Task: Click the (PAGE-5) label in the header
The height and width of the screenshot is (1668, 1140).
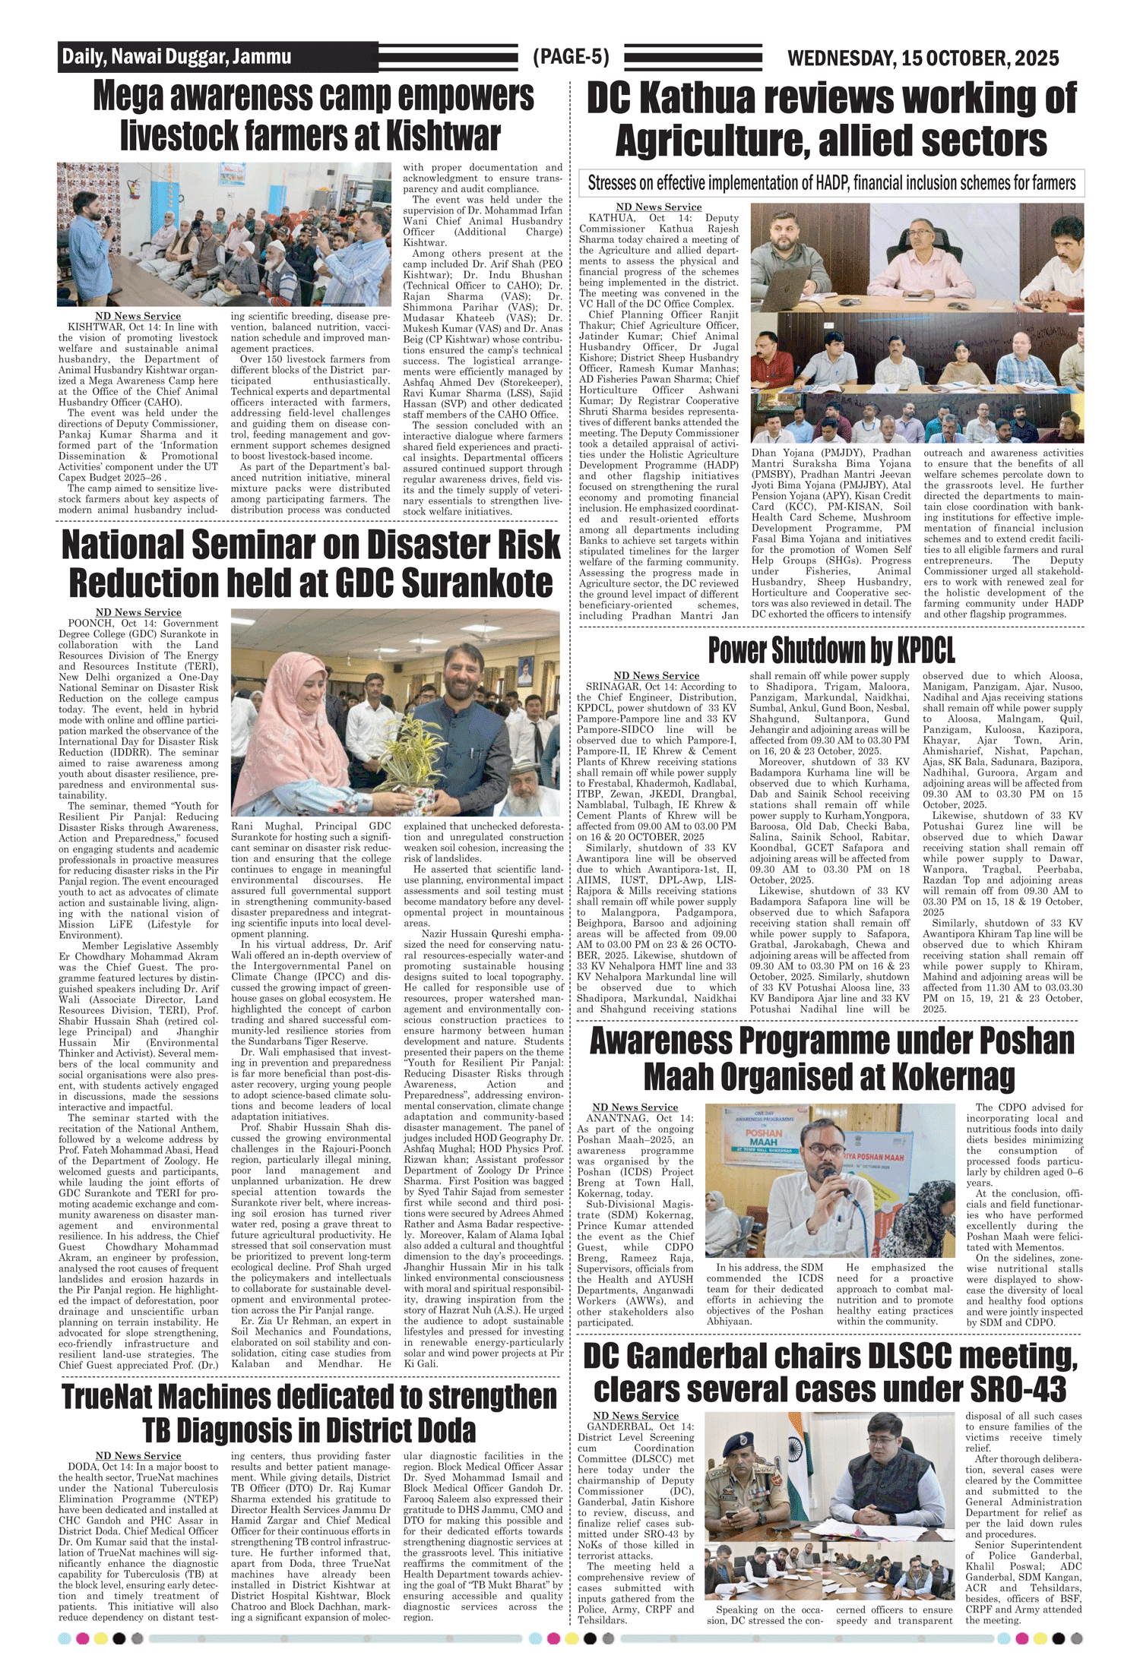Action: [x=571, y=57]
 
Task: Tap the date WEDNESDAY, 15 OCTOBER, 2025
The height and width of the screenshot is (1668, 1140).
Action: [x=923, y=58]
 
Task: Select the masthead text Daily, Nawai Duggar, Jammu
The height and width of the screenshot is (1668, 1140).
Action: [x=176, y=57]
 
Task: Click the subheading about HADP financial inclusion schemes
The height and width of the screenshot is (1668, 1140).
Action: [x=831, y=183]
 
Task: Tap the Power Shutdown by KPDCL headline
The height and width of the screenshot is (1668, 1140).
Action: [x=831, y=650]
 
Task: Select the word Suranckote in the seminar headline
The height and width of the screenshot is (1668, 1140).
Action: [x=477, y=583]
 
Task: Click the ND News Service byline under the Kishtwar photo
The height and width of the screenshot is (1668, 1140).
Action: [x=138, y=316]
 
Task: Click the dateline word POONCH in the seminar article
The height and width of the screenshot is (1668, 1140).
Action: [x=90, y=623]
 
